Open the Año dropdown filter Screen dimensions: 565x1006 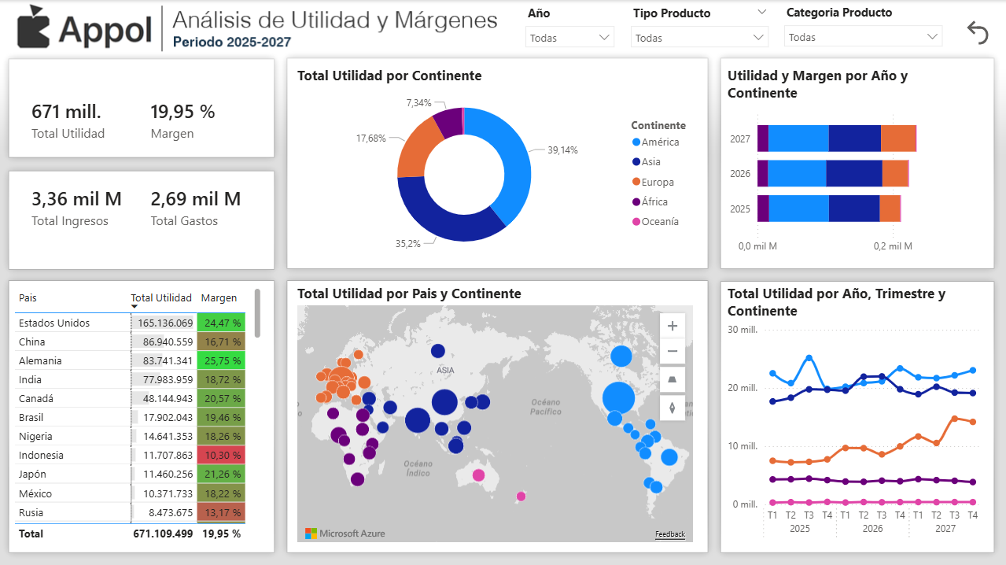click(x=569, y=37)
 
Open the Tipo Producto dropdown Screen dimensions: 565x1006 click(x=698, y=37)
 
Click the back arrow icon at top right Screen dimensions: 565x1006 click(x=978, y=32)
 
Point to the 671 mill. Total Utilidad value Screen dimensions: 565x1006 click(x=67, y=112)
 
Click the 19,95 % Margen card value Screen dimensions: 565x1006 click(x=182, y=112)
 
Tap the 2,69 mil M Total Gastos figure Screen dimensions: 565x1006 click(x=195, y=199)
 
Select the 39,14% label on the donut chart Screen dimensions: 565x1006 click(x=562, y=150)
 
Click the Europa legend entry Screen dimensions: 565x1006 click(x=657, y=182)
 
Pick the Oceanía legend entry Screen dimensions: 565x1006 click(x=659, y=221)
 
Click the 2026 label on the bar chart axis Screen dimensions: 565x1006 click(x=740, y=174)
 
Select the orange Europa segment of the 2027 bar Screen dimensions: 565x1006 click(x=898, y=138)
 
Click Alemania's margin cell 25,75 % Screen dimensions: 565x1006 click(x=221, y=360)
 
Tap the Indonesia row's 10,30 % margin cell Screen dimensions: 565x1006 click(x=221, y=455)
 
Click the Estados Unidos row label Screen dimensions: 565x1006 click(x=54, y=323)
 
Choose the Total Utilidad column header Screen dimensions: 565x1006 click(x=161, y=298)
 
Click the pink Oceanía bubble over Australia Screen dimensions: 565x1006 click(x=478, y=475)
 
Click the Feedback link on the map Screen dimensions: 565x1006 click(x=670, y=534)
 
